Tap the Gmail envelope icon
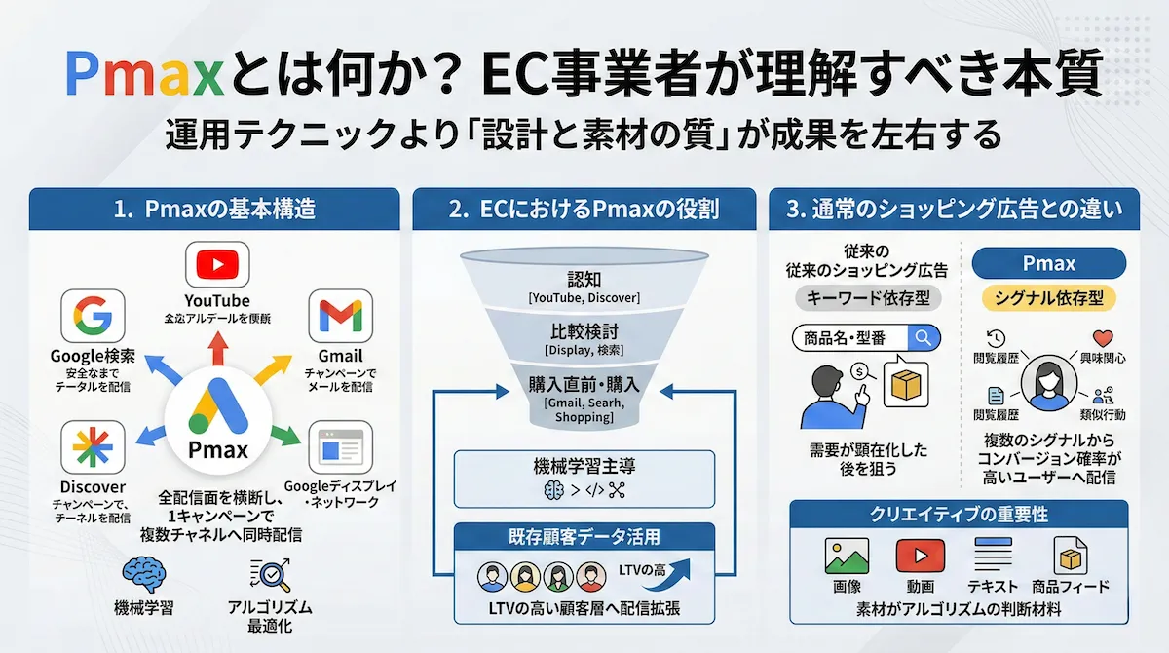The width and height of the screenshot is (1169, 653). pyautogui.click(x=340, y=316)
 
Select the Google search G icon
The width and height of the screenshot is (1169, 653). pyautogui.click(x=93, y=316)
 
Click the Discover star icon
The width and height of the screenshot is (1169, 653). pyautogui.click(x=93, y=447)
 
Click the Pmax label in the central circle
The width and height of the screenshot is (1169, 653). pyautogui.click(x=216, y=451)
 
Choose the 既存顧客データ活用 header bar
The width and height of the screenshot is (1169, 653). pyautogui.click(x=584, y=536)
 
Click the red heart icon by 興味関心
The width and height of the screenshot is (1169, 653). pyautogui.click(x=1103, y=338)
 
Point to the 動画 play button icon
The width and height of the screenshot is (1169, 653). pyautogui.click(x=921, y=557)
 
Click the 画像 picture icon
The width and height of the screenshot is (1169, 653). pyautogui.click(x=846, y=557)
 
